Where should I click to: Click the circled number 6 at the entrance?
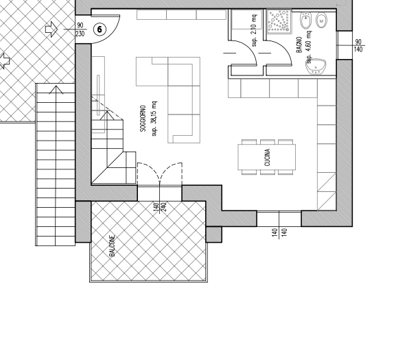100,29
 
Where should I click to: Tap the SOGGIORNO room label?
143,119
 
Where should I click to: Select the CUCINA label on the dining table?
267,158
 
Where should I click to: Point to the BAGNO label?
299,45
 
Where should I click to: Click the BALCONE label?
113,246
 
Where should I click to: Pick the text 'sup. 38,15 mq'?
154,119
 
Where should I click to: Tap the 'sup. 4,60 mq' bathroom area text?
309,47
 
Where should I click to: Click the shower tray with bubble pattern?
279,21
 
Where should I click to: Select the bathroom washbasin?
316,66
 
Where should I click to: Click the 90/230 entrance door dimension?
80,29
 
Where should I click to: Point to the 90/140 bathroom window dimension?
358,46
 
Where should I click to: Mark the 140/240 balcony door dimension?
160,206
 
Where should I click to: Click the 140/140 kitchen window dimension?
279,232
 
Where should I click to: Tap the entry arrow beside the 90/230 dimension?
51,29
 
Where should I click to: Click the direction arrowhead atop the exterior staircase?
56,90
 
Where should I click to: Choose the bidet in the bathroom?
305,21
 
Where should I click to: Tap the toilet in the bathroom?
322,21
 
